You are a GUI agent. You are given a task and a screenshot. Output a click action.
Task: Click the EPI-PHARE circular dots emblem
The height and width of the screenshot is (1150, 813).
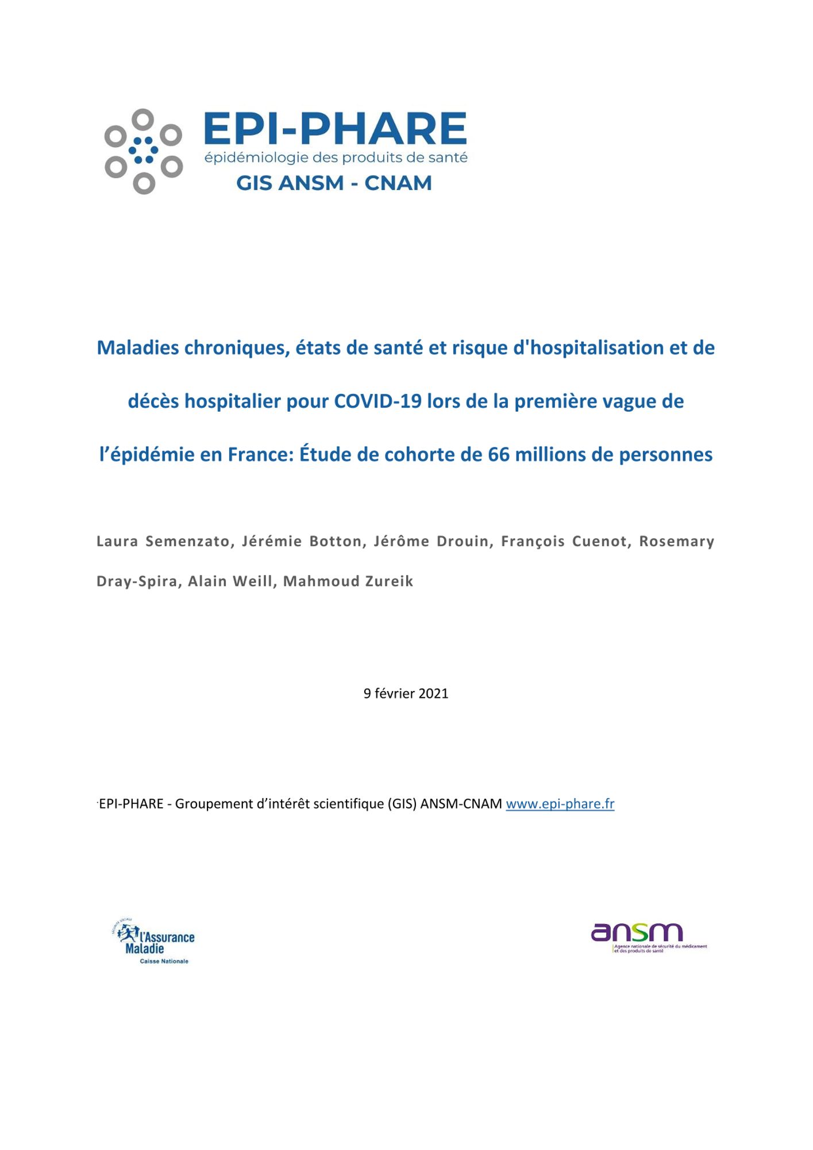143,151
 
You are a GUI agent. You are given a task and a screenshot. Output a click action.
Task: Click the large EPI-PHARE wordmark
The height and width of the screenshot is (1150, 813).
335,129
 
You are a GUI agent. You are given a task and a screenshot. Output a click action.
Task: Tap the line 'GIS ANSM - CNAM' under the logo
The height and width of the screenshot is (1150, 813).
334,183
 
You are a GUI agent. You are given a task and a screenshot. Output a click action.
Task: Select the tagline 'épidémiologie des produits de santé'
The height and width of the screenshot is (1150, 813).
336,158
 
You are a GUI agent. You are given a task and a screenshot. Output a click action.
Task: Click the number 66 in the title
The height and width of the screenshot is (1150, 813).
499,455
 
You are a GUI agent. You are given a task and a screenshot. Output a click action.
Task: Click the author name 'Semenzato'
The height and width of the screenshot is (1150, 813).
187,541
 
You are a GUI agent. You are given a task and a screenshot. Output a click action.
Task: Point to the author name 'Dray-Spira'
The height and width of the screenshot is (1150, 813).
136,581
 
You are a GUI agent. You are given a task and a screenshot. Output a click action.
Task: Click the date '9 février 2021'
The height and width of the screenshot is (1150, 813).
406,693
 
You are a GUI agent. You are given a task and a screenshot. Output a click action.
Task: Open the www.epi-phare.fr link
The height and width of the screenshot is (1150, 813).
560,804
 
